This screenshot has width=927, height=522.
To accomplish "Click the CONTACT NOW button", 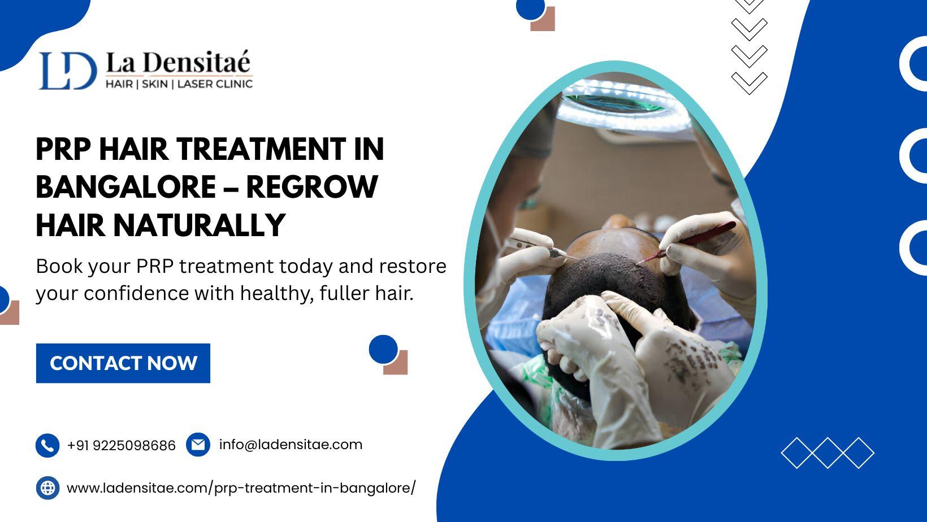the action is [123, 363].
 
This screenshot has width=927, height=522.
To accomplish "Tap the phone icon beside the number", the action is [47, 446].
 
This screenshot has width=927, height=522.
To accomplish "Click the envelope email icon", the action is [198, 445].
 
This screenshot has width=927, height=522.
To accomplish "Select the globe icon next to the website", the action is [47, 488].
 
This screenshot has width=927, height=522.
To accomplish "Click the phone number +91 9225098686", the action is [122, 446].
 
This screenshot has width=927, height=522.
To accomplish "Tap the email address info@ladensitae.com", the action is [291, 445].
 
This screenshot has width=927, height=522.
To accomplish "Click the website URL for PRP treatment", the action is [241, 488].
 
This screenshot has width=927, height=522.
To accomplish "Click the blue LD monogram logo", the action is [68, 71].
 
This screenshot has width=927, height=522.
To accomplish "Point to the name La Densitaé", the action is [178, 63].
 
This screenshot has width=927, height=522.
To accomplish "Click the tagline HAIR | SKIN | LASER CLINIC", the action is [179, 84].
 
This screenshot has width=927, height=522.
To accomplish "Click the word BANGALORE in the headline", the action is [126, 187].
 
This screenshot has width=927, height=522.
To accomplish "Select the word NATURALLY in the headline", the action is [200, 225].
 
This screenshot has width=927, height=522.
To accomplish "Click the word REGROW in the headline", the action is [312, 187].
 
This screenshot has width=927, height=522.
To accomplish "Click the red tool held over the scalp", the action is [687, 242].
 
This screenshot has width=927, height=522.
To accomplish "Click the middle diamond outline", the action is [828, 453].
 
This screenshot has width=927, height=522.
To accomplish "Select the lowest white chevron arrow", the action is [749, 82].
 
